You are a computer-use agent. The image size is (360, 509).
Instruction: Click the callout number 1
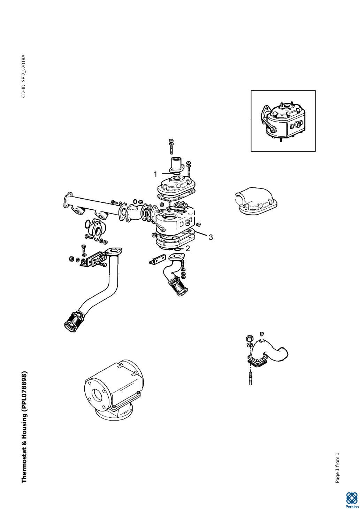(x=155, y=174)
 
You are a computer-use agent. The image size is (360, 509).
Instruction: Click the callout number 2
(x=187, y=249)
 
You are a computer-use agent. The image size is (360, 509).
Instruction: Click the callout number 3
(x=211, y=237)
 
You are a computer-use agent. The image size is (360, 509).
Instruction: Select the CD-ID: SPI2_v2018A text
(x=24, y=76)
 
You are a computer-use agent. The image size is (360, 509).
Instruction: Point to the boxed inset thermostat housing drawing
(x=283, y=121)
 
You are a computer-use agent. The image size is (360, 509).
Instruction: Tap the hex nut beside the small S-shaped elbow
(x=249, y=338)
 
